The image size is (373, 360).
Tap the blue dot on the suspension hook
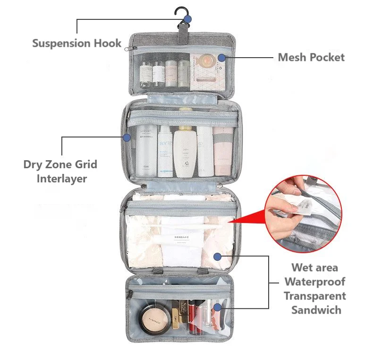187,19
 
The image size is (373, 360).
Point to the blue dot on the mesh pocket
221,58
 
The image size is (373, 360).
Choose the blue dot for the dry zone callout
127,137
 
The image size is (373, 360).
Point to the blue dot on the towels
217,257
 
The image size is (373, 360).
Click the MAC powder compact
154,320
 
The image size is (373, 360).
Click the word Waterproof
314,282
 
